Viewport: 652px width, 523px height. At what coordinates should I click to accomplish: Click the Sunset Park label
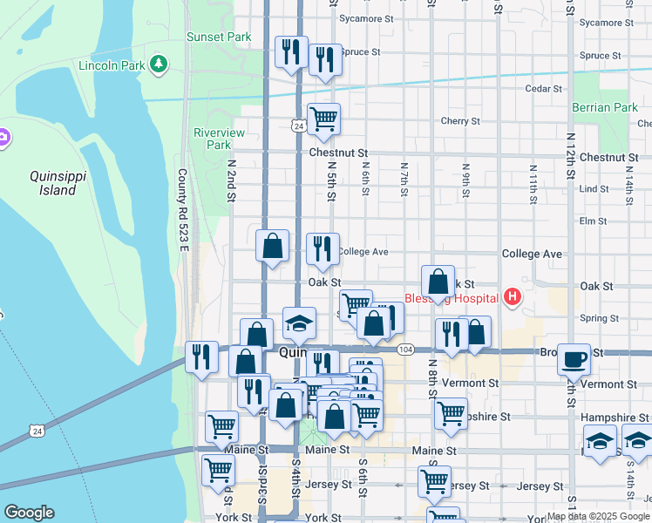point(218,37)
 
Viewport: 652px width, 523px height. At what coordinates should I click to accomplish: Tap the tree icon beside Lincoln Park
point(159,64)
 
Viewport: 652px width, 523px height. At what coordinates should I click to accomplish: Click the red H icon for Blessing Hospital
point(513,298)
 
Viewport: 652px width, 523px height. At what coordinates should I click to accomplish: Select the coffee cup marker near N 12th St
point(574,358)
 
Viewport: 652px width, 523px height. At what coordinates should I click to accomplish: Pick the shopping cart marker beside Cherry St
point(323,119)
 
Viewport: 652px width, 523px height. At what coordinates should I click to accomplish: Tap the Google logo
point(29,513)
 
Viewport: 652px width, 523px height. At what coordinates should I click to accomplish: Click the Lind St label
point(593,188)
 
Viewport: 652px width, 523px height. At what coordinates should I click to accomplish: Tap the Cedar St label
point(541,88)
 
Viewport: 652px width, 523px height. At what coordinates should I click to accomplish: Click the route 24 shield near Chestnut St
point(298,127)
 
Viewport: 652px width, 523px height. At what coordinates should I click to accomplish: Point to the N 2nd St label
point(232,180)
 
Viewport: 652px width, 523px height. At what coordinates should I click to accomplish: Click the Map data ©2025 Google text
point(598,516)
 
